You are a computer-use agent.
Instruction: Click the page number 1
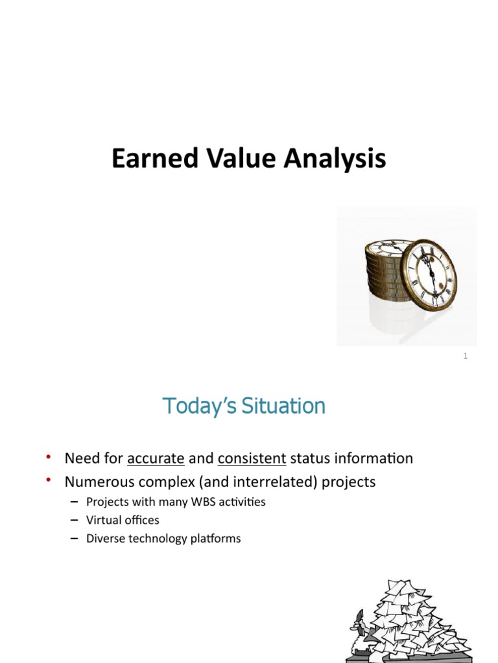tap(466, 356)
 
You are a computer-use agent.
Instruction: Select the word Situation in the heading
tap(285, 407)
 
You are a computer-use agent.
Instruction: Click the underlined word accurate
tap(156, 459)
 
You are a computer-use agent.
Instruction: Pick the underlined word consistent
tap(252, 459)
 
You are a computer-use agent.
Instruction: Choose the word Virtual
tap(104, 520)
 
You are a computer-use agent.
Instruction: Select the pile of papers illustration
tap(412, 622)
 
